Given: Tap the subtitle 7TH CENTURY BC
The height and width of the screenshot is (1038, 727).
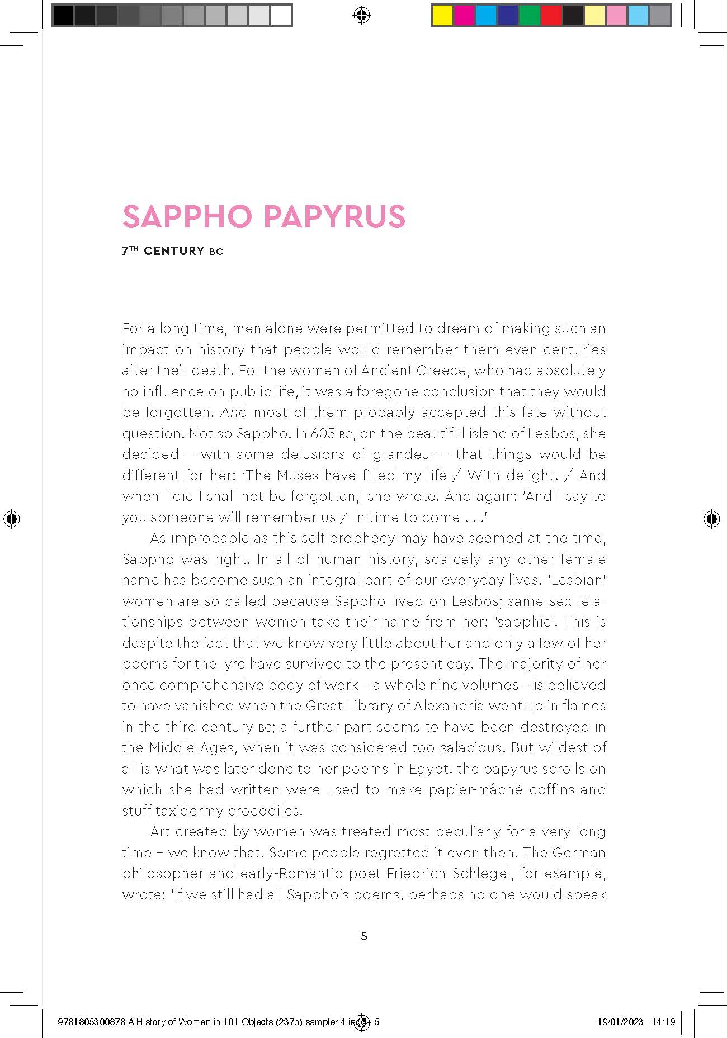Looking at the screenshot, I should [172, 252].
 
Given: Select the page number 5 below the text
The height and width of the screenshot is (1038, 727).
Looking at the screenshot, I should [364, 936].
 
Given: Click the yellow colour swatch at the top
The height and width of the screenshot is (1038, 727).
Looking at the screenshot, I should [442, 16].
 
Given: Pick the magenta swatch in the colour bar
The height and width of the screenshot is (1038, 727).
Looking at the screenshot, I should [464, 16].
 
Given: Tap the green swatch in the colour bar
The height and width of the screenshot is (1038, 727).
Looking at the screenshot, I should [530, 16].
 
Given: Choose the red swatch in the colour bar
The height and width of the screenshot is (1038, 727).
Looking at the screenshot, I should [551, 16].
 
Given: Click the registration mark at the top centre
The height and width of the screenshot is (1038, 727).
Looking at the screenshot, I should [362, 16].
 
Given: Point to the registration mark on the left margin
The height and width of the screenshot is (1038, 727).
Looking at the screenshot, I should [11, 519].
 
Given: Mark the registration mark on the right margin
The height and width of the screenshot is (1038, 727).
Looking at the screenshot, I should [711, 519].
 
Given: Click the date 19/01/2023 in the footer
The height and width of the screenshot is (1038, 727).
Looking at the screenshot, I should [620, 1022].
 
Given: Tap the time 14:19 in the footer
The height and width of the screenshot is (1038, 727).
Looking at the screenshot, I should [663, 1022].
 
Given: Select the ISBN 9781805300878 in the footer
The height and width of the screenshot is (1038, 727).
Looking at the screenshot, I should [92, 1022].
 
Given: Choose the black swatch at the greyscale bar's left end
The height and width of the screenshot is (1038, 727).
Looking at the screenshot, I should [63, 16].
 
